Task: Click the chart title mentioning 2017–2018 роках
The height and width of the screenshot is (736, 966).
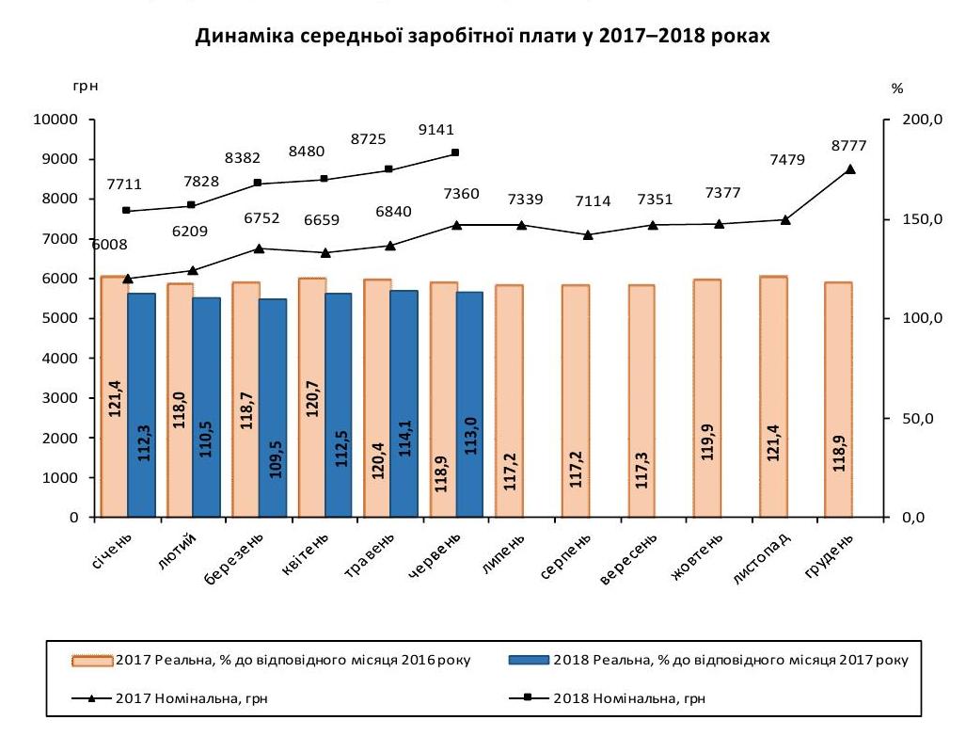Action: pos(483,37)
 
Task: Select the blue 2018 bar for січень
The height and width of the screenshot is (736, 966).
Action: pos(141,405)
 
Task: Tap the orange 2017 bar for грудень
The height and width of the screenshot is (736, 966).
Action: pos(838,399)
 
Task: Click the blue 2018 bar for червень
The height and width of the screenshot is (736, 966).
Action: pos(469,404)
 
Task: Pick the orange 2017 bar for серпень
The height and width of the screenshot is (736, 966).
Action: pos(575,400)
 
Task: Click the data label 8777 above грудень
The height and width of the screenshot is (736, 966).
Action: pos(849,146)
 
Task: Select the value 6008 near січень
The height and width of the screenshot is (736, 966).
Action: pos(108,245)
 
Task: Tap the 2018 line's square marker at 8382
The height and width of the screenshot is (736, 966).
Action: pos(257,184)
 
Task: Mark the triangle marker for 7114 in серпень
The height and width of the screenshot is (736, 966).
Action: pos(588,235)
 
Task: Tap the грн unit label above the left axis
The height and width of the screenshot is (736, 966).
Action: pos(84,88)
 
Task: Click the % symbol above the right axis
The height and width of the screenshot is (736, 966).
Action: pos(896,88)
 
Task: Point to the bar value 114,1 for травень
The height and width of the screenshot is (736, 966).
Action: pos(404,458)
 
